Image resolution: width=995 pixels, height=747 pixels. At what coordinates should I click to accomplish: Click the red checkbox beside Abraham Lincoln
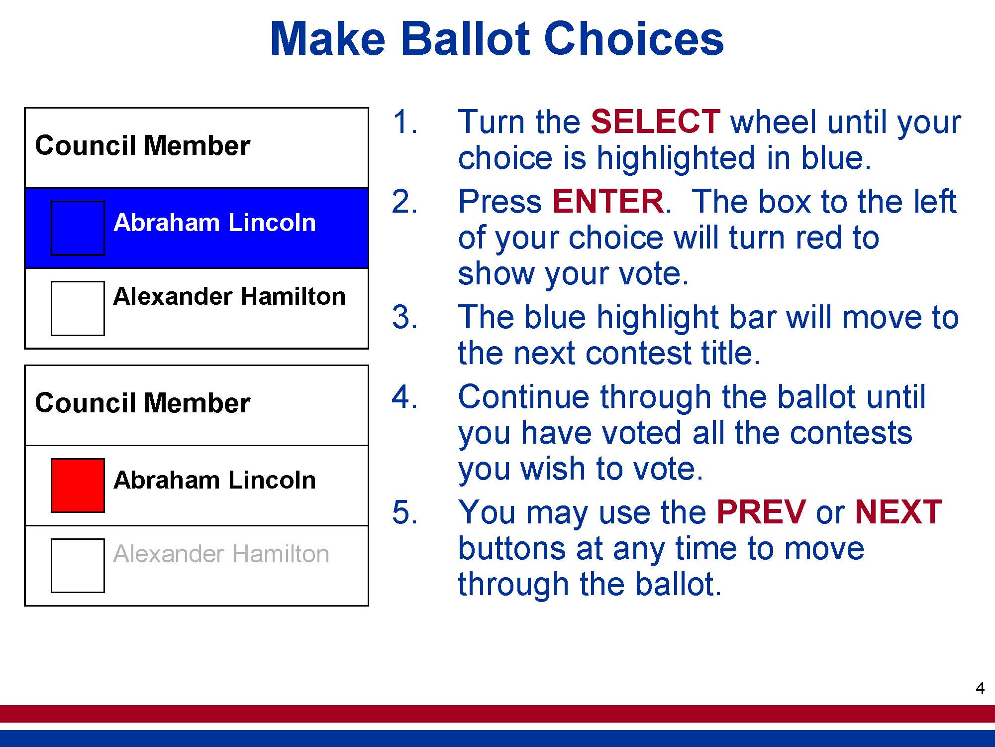click(x=78, y=486)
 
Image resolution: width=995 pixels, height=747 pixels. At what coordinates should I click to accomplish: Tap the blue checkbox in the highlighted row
click(x=78, y=228)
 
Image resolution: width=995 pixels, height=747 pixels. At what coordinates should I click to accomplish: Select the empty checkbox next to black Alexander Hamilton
click(x=78, y=308)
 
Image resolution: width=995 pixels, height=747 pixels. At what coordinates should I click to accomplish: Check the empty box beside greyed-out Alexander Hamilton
click(x=78, y=566)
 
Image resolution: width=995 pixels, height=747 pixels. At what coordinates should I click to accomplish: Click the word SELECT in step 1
click(x=655, y=122)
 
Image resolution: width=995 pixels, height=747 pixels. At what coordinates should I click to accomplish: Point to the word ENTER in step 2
click(x=608, y=201)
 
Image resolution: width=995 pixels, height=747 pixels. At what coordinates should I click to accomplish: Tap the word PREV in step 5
click(x=761, y=512)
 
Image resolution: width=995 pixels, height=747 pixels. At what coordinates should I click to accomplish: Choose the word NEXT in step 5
click(x=898, y=512)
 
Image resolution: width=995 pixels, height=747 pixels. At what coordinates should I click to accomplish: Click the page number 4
click(x=980, y=688)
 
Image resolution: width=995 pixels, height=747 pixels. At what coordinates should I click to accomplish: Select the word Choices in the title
click(x=634, y=38)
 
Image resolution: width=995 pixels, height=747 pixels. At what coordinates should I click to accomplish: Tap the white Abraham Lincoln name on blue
click(x=214, y=223)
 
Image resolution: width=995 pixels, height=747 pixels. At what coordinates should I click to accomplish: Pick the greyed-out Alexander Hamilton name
click(x=221, y=554)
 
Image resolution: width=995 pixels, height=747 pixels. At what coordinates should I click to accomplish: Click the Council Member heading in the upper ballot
click(x=142, y=145)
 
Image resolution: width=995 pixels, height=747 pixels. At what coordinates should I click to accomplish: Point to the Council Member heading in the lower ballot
click(x=142, y=403)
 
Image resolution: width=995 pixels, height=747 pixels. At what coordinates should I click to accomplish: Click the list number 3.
click(x=404, y=317)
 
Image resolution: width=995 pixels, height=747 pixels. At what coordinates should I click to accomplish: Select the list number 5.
click(x=404, y=512)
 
